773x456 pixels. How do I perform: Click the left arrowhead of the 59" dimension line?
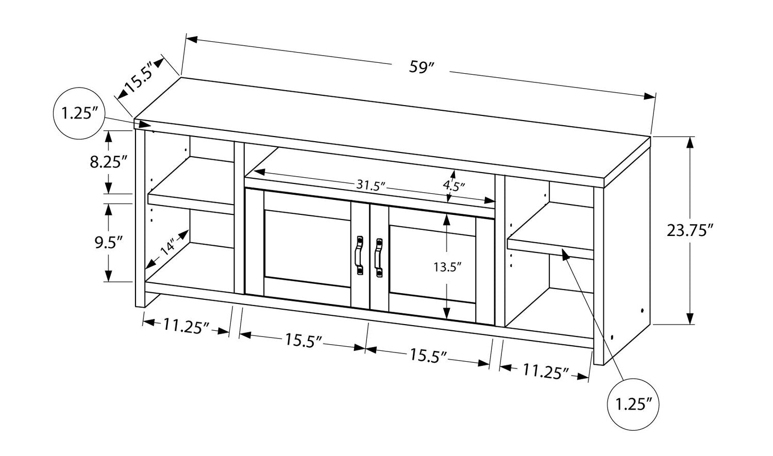tap(192, 39)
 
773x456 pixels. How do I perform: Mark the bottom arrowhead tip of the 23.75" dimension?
tap(690, 324)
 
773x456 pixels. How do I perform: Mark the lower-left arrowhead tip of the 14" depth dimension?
tap(145, 269)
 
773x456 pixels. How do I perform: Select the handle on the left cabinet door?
tap(360, 255)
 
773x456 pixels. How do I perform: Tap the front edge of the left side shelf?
tap(191, 204)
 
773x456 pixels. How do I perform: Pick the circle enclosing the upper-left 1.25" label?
tap(79, 113)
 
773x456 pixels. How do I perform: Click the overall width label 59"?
tap(421, 67)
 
